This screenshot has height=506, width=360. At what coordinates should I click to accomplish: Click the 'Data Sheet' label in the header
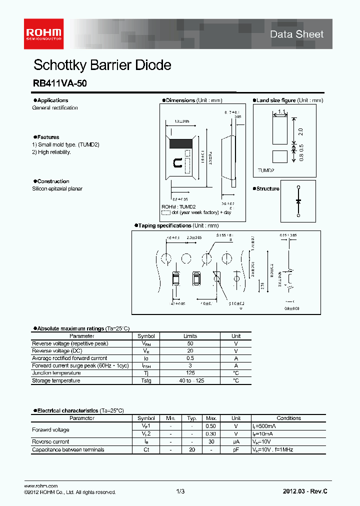coord(296,34)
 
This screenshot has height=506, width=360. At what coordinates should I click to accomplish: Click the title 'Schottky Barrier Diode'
coord(102,65)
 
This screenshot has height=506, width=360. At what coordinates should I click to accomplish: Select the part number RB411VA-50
coord(59,84)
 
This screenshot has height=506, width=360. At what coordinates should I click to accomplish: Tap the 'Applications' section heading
coord(52,100)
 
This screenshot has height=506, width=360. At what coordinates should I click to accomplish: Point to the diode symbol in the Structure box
coord(298,200)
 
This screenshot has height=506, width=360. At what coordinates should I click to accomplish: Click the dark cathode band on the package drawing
coord(180,143)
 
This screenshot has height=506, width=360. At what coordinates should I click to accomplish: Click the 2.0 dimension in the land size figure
coord(300,131)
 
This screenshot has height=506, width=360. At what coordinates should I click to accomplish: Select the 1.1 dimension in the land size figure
coord(281,112)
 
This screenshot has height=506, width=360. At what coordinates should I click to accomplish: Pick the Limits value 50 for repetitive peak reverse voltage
coord(190,343)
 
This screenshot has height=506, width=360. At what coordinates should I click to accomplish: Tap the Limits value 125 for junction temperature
coord(190,373)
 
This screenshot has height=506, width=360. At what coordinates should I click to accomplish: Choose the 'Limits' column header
coord(190,336)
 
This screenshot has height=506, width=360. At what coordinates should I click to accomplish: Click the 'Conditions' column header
coord(288,418)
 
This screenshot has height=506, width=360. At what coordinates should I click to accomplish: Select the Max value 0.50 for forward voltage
coord(211,425)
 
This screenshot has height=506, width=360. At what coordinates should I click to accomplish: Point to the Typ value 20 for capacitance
coord(191,449)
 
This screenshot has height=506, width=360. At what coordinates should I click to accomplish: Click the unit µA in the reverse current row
coord(236,441)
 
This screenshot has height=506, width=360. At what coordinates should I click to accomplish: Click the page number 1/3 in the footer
coord(180,491)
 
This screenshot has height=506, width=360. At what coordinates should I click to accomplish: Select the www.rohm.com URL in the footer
coord(41,486)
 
